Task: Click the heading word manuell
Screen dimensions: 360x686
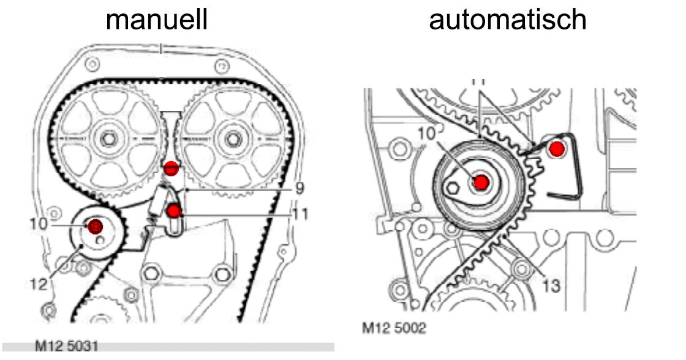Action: point(157,20)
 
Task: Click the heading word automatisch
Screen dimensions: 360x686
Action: point(508,20)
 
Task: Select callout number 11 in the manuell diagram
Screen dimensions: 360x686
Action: point(300,214)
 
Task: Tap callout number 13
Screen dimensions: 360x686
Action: point(551,285)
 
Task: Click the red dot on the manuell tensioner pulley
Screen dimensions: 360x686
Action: point(95,227)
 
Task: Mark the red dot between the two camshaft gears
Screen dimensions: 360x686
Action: point(171,167)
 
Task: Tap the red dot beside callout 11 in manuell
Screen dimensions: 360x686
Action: point(175,212)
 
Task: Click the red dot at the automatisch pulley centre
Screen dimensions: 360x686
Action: point(481,182)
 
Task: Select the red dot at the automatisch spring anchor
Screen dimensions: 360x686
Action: point(556,148)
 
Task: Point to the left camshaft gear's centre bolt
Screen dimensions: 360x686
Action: point(108,140)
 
